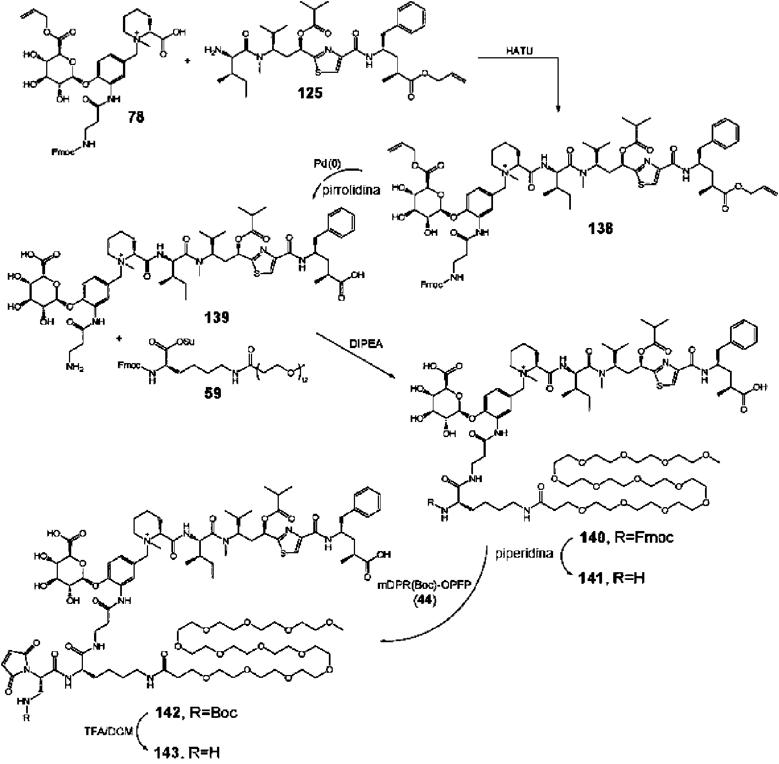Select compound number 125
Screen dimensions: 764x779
[310, 92]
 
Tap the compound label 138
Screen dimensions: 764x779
[599, 228]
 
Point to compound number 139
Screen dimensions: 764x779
[215, 317]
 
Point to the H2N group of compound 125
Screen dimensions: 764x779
[214, 49]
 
